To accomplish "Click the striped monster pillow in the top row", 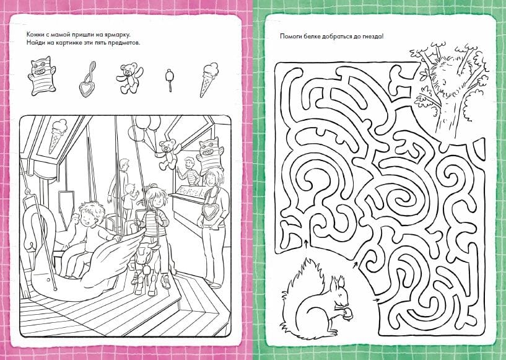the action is pos(41,76).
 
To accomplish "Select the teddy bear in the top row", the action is pos(129,79).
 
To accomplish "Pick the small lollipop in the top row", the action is pos(170,80).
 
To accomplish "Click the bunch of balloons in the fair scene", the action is pos(145,128).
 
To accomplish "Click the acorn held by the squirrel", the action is pos(347,313).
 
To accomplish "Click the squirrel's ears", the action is pos(336,283).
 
